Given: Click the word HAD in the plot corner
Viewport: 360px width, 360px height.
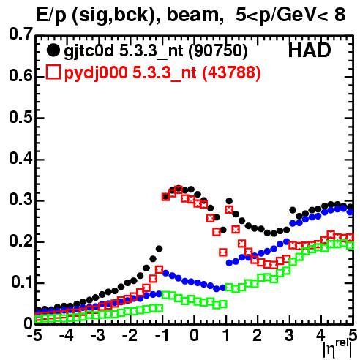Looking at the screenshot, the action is click(x=310, y=50).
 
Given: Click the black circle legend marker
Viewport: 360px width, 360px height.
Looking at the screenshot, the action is click(x=53, y=50).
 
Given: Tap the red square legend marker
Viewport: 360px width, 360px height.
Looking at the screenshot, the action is click(x=53, y=72).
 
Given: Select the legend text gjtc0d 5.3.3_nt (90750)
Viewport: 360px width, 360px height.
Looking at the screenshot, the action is click(x=156, y=51).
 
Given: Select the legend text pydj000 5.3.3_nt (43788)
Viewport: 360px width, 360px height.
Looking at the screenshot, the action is click(x=162, y=72).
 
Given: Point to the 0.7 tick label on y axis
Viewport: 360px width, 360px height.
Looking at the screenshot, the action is click(x=20, y=34).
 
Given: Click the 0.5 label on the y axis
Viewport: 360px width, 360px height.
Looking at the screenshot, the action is click(x=20, y=117).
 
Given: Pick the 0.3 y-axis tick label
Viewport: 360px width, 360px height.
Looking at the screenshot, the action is click(x=20, y=200).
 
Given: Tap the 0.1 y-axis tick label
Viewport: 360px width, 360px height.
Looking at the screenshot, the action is click(x=21, y=282).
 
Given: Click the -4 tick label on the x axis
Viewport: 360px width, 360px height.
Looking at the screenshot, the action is click(x=67, y=336).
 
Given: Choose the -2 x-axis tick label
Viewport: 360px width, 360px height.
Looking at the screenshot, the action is click(x=130, y=336).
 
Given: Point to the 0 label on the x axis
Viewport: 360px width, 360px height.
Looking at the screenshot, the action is click(x=194, y=336).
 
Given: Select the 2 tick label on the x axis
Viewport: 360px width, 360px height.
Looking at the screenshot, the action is click(x=258, y=336).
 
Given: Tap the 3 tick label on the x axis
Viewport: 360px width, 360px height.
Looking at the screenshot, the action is click(x=290, y=336).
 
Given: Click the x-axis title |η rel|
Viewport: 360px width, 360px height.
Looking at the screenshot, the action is click(x=338, y=348).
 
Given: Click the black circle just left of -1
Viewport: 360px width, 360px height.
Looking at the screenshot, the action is click(x=159, y=249).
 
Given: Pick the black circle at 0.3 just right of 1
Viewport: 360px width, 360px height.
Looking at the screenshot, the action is click(x=229, y=201).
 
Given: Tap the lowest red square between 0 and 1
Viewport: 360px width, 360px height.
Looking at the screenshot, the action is click(x=223, y=252).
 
